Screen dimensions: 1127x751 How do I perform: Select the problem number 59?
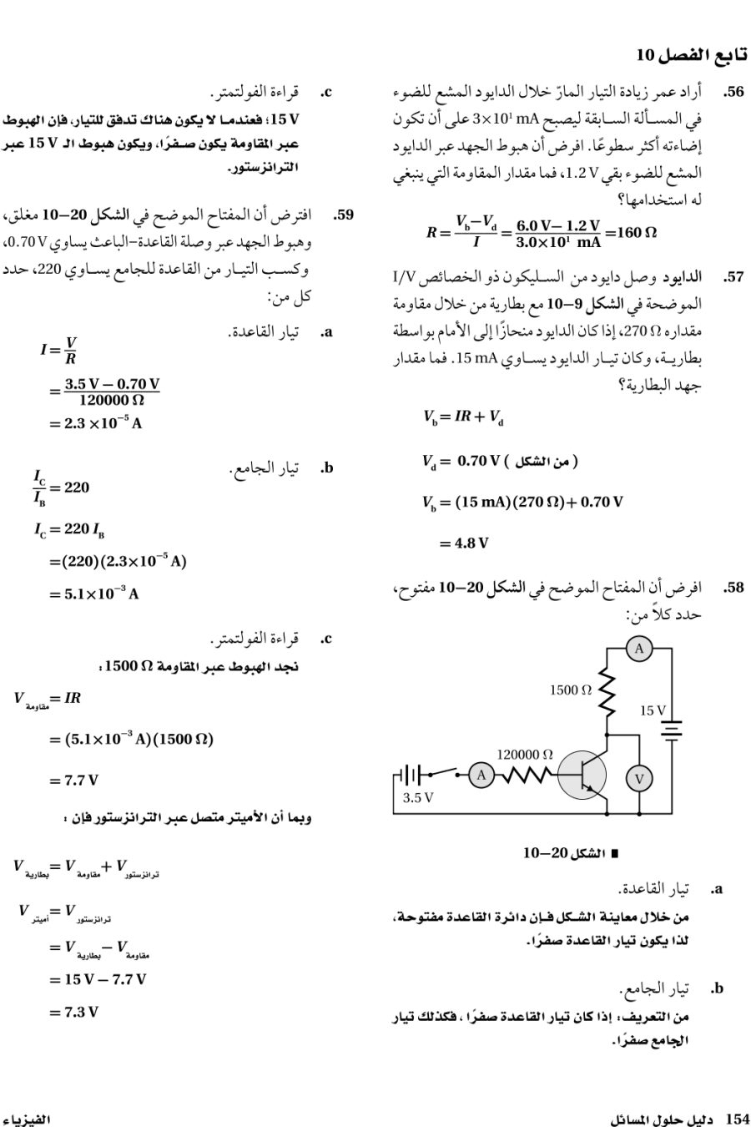tap(344, 215)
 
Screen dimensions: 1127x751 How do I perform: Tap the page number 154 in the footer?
tap(739, 1117)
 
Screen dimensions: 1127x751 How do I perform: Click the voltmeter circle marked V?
tap(640, 778)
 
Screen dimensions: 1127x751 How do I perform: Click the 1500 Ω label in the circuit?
tap(571, 690)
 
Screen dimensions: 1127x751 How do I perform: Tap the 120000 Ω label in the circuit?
tap(525, 754)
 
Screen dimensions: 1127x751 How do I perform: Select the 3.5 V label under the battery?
tap(418, 797)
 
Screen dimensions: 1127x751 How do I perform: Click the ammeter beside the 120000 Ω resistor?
tap(481, 774)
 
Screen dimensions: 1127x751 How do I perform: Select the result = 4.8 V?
tap(464, 543)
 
